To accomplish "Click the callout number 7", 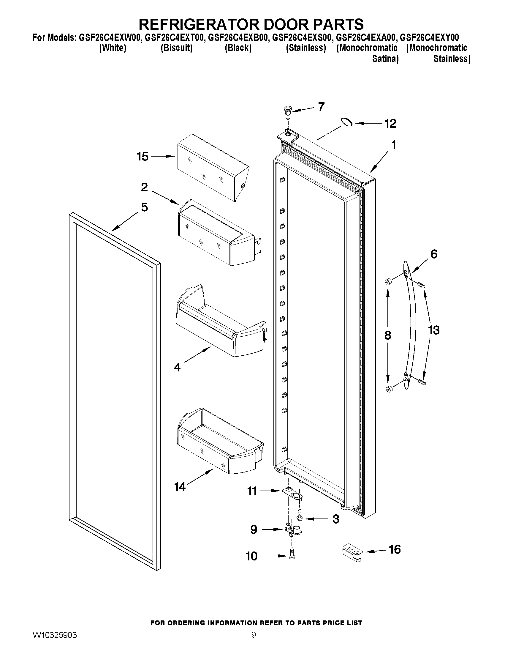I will coord(321,107).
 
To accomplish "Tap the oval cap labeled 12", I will coord(347,122).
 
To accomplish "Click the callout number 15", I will coord(143,156).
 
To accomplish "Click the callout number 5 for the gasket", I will coord(145,207).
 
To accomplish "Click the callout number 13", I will coord(433,330).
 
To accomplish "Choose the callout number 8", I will coord(387,335).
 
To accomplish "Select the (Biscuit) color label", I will coord(177,48).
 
